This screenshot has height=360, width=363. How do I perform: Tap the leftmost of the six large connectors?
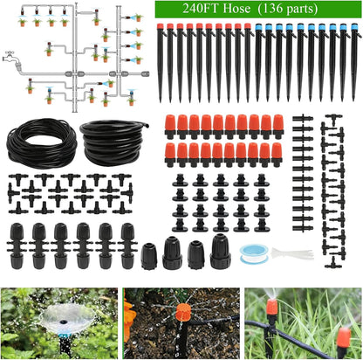[17, 244]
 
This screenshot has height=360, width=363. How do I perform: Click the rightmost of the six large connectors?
[127, 244]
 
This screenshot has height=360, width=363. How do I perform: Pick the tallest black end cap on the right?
[219, 251]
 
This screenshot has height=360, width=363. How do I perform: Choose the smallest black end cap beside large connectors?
[149, 255]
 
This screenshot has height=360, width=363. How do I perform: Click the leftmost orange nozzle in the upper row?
[171, 124]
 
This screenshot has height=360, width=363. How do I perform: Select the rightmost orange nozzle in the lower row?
[277, 153]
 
